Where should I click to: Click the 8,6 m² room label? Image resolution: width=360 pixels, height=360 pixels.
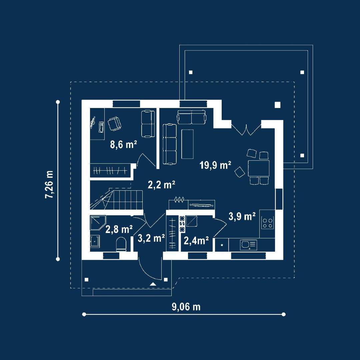tap(124, 145)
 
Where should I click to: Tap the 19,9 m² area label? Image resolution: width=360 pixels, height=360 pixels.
tap(215, 165)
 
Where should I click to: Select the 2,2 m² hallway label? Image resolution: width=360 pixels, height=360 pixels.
tap(161, 185)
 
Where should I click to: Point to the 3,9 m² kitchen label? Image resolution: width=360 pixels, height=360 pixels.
tap(242, 216)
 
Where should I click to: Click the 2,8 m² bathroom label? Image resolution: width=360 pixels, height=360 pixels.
tap(119, 229)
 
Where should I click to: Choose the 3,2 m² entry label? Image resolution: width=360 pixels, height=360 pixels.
tap(151, 238)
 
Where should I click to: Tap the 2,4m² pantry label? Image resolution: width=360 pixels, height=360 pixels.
tap(196, 241)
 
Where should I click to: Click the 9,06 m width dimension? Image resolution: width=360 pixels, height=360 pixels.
tap(186, 307)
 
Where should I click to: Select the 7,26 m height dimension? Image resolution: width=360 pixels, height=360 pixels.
tap(49, 184)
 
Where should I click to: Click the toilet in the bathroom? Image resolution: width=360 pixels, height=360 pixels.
tap(121, 244)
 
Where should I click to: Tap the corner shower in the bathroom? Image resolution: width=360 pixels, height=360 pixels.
tap(98, 222)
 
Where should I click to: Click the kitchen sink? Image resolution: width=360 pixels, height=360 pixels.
tap(248, 245)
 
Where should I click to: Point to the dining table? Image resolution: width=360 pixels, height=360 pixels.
tap(259, 168)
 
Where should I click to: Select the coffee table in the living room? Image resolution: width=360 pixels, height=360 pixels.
tap(187, 144)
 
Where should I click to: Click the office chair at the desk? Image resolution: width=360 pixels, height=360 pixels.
tap(114, 124)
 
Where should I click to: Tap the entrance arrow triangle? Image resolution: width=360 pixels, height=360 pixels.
tap(153, 284)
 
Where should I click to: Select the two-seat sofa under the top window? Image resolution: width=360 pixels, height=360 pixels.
tap(191, 117)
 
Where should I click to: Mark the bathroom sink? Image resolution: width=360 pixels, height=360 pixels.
tap(95, 241)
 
